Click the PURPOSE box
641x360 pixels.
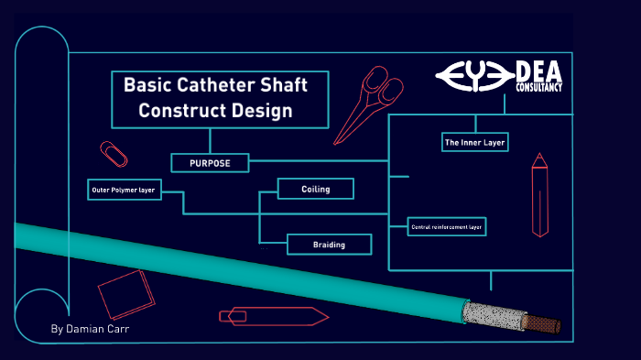210,163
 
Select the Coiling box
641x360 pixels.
315,190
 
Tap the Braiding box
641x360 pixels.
329,244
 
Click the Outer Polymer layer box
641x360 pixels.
123,191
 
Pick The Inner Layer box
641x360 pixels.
474,143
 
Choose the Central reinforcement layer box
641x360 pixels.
446,225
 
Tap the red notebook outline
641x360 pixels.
125,293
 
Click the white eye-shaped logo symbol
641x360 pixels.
474,75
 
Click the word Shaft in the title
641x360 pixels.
285,85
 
